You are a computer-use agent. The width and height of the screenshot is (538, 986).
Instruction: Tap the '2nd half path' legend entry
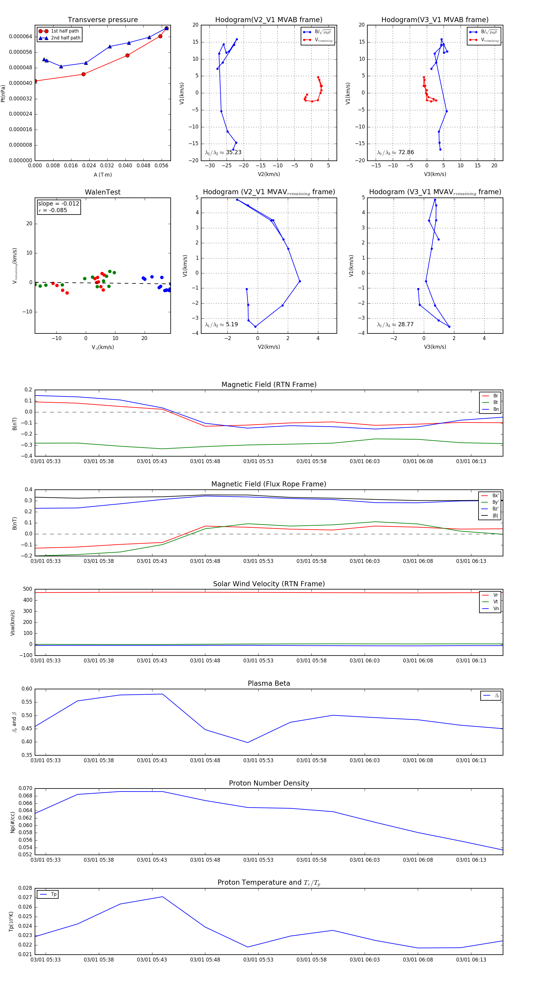tap(65, 38)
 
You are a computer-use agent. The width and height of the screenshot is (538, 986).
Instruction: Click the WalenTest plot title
tap(103, 192)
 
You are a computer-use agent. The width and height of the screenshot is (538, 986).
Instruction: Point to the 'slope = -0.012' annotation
tap(59, 204)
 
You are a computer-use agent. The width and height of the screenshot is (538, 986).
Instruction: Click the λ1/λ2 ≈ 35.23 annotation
tap(223, 152)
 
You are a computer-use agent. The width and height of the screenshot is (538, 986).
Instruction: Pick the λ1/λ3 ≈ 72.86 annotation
tap(395, 152)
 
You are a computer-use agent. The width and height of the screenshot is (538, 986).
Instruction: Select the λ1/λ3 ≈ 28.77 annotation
tap(395, 324)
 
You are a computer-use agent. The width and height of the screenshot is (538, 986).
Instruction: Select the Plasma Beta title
tap(269, 684)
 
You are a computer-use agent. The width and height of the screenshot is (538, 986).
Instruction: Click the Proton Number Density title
tap(269, 783)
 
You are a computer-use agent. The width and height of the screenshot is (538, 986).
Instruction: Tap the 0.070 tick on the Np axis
tap(26, 789)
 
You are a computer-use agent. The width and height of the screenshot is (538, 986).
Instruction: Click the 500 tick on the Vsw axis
tap(27, 589)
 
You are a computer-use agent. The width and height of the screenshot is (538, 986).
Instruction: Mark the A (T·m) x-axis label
tap(103, 175)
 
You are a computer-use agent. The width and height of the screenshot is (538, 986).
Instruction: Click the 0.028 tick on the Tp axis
tap(26, 888)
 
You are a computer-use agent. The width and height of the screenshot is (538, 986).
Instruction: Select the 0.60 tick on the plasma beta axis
tap(27, 689)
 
